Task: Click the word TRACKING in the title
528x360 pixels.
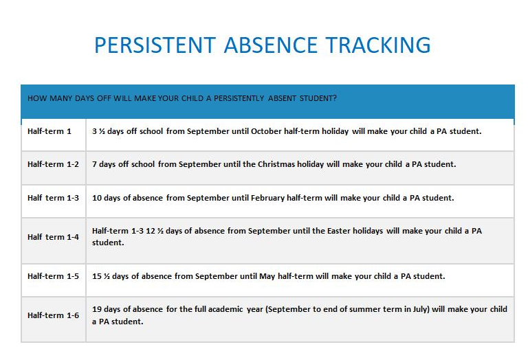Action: point(378,45)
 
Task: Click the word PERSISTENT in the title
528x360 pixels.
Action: point(155,45)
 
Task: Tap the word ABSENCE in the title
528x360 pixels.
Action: point(271,45)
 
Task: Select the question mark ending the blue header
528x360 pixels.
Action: point(335,98)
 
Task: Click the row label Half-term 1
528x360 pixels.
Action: point(49,131)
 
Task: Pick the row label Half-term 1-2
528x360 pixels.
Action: point(53,164)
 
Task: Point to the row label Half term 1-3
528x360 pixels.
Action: point(53,198)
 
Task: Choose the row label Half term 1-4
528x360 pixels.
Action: point(53,237)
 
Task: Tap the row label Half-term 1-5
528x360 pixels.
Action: point(53,276)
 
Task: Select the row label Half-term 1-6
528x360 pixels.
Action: point(53,315)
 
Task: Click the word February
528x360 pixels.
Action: point(267,198)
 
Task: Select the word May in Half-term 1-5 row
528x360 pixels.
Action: point(267,277)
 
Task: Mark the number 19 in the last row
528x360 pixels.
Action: point(97,309)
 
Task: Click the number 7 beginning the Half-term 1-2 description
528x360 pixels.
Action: point(94,164)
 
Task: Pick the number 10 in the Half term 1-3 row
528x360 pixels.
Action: point(97,198)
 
